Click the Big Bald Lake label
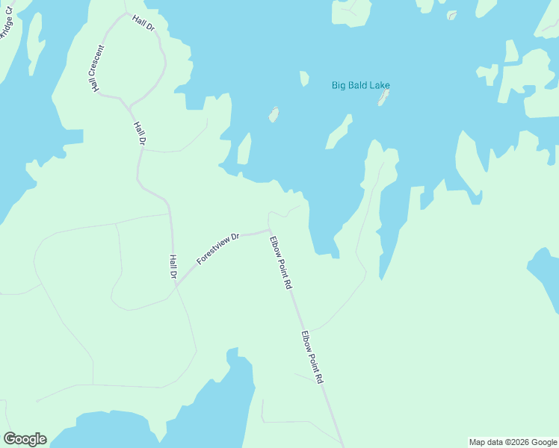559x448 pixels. (360, 85)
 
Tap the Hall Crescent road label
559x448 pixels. (98, 69)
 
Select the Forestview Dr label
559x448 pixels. (217, 249)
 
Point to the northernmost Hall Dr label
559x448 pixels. (143, 23)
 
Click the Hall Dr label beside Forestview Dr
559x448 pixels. (173, 267)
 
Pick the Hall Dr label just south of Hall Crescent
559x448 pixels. (138, 132)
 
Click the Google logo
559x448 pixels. (25, 438)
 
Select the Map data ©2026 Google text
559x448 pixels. (513, 442)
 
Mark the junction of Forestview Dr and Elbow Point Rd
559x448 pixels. (269, 230)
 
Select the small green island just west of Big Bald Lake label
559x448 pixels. (304, 78)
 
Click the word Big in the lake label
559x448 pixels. (339, 85)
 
